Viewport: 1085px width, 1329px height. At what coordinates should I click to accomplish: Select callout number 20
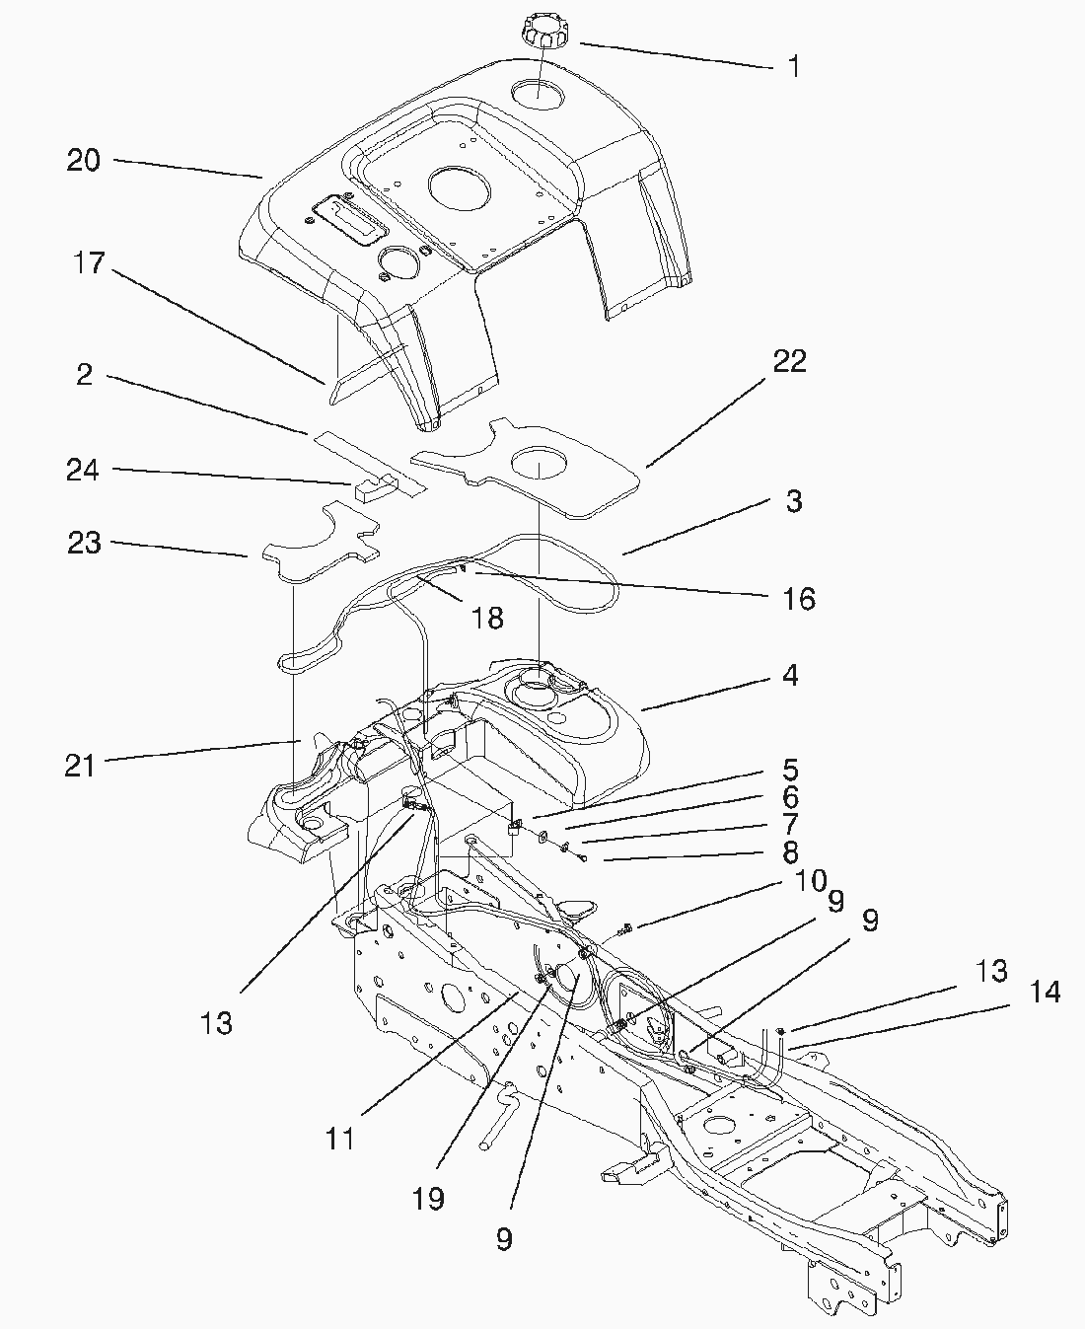84,160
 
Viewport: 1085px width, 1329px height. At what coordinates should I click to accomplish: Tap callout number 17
89,263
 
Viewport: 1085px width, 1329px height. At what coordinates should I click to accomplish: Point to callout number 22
789,361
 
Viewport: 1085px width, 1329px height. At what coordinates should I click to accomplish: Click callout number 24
83,471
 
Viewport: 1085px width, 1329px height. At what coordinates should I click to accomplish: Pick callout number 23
84,542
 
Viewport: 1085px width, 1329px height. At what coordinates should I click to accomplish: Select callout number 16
799,598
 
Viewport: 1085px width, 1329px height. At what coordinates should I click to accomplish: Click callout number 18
488,619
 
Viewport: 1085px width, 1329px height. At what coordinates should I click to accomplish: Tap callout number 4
790,676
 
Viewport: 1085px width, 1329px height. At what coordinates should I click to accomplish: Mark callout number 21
80,765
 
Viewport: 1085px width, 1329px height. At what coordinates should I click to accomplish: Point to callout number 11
340,1139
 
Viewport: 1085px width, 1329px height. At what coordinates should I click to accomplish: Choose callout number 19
428,1199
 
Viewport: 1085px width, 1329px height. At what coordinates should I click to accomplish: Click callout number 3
794,501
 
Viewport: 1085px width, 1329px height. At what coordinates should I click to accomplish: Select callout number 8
790,851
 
